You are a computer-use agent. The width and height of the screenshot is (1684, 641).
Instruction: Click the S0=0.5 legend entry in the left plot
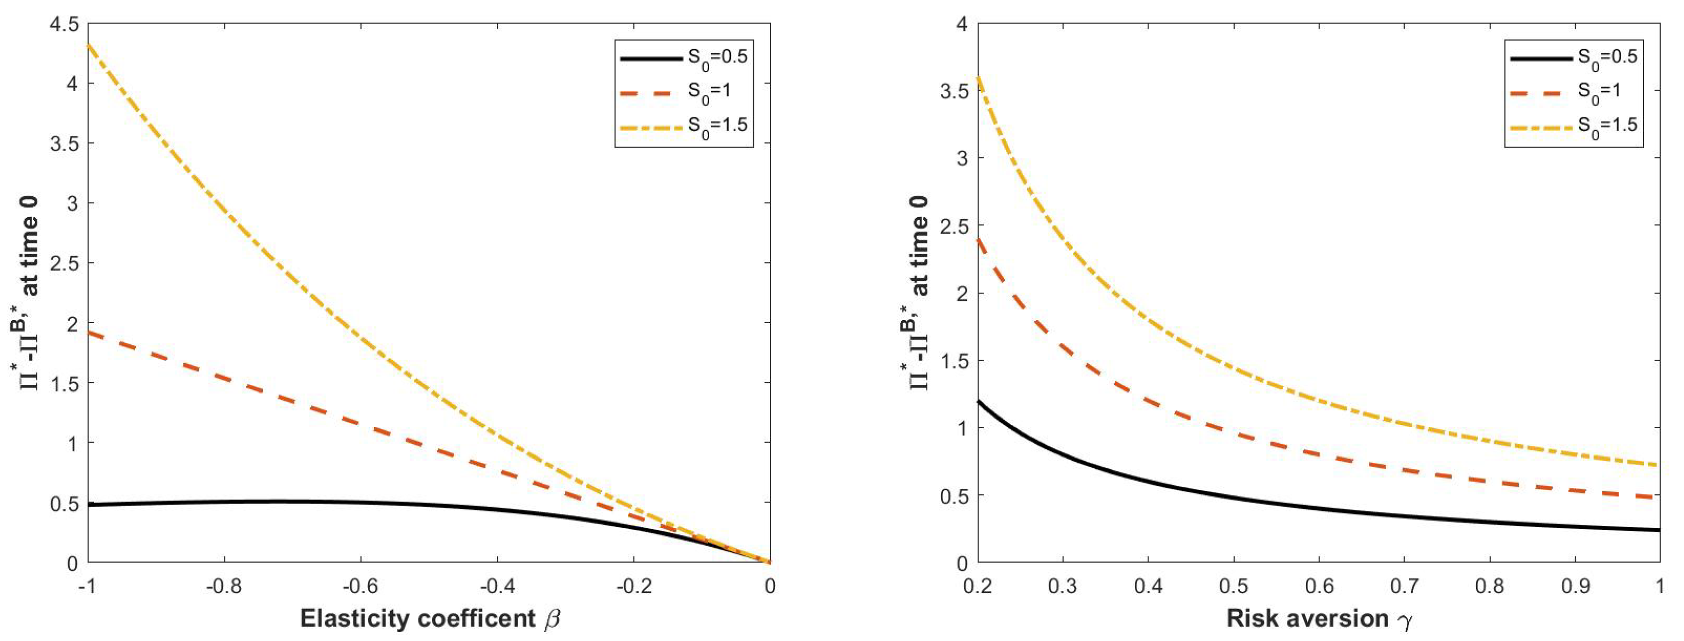pyautogui.click(x=683, y=58)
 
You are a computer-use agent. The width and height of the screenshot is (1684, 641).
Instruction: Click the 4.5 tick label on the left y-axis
pyautogui.click(x=63, y=24)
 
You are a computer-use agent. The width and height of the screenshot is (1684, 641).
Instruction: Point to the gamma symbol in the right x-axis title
pyautogui.click(x=1404, y=620)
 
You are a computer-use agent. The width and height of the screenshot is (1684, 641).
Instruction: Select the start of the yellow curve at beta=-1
pyautogui.click(x=88, y=44)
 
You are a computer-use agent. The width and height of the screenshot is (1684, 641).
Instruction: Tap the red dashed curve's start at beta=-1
pyautogui.click(x=88, y=332)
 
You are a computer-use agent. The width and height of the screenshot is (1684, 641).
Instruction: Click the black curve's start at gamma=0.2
pyautogui.click(x=978, y=401)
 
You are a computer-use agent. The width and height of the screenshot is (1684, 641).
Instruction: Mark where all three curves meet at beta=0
pyautogui.click(x=769, y=562)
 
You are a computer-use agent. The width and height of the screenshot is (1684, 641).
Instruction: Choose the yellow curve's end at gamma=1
pyautogui.click(x=1659, y=465)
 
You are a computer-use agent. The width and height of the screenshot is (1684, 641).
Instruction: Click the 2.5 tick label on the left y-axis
pyautogui.click(x=63, y=263)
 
